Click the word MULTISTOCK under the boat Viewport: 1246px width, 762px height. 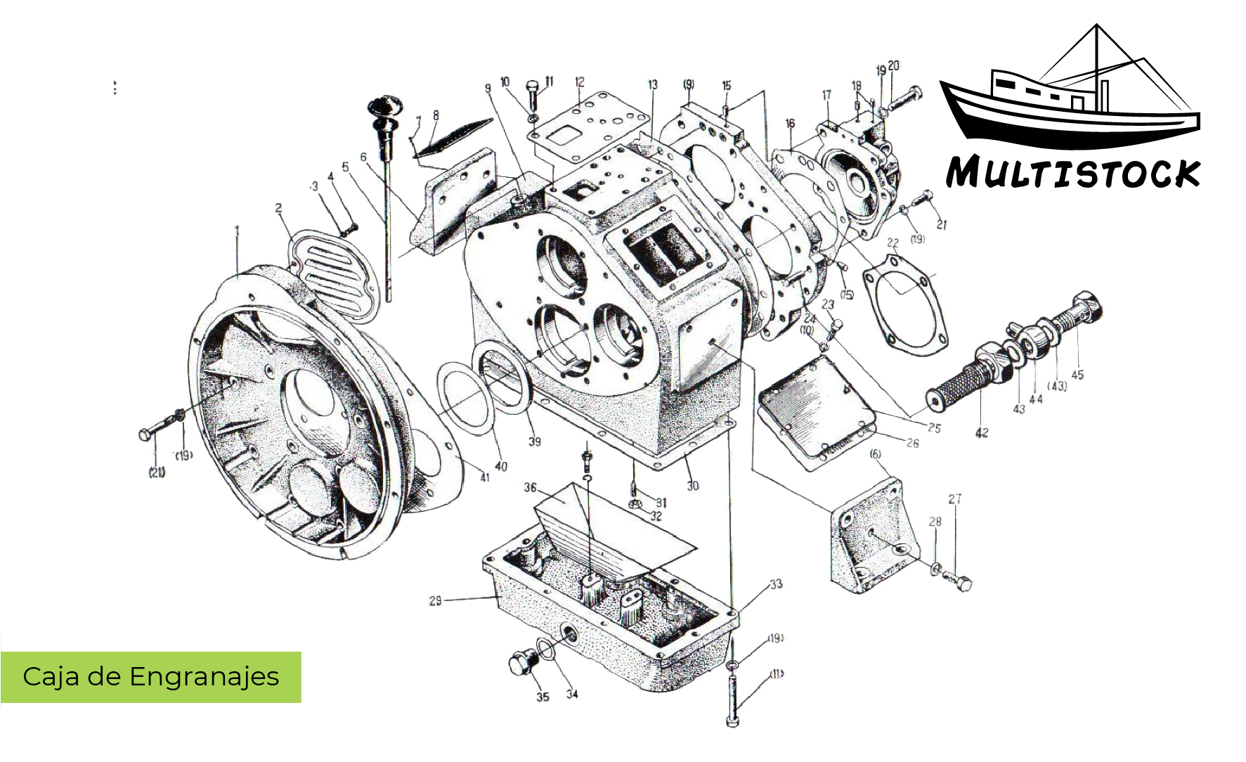[1072, 173]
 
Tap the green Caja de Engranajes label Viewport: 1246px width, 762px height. [150, 676]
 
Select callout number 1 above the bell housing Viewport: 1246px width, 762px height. [238, 230]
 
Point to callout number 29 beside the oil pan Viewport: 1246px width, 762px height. [436, 600]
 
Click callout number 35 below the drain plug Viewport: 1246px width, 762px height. [543, 697]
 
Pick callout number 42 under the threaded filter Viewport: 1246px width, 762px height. [982, 433]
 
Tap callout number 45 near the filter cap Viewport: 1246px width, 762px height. [1077, 375]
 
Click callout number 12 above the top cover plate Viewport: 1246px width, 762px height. [580, 82]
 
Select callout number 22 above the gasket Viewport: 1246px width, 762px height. [893, 243]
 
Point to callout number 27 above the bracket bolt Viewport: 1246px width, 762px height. [954, 499]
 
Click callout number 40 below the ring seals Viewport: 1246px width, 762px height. [501, 466]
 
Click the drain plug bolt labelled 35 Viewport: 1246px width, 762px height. [522, 663]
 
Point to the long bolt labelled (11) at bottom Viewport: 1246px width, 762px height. [732, 696]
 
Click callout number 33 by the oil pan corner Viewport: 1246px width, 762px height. [776, 584]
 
